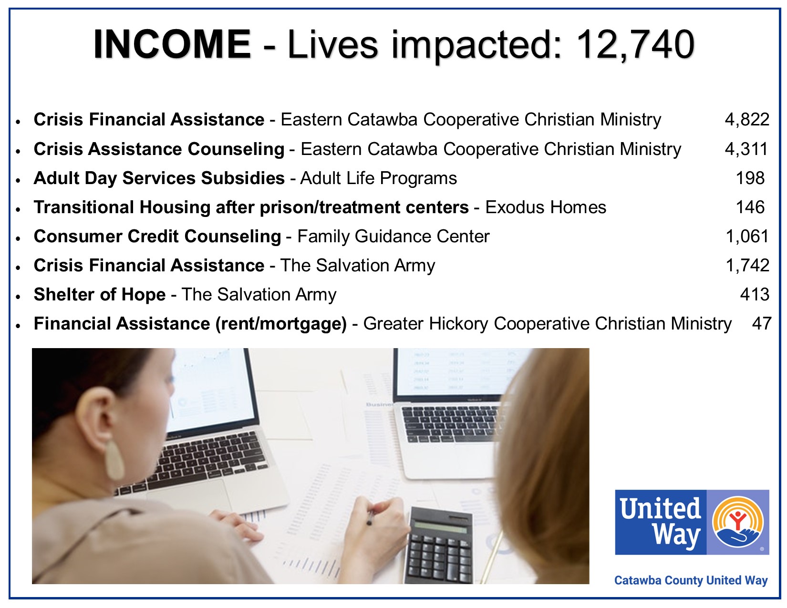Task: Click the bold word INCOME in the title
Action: coord(172,44)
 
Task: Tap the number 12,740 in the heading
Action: coord(635,45)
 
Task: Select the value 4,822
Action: coord(746,120)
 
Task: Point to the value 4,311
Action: coord(746,149)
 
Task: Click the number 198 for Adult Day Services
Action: coord(750,178)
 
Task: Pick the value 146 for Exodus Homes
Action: coord(750,207)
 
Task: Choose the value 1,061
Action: coord(747,237)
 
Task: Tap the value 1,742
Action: coord(747,266)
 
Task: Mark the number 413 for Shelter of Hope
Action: coord(755,294)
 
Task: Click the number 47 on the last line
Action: coord(761,323)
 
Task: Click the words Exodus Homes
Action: coord(546,207)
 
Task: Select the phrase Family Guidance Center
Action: coord(393,237)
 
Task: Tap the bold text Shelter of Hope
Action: coord(100,294)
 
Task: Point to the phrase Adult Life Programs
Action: coord(378,178)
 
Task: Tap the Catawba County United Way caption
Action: coord(691,580)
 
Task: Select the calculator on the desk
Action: coord(439,545)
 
